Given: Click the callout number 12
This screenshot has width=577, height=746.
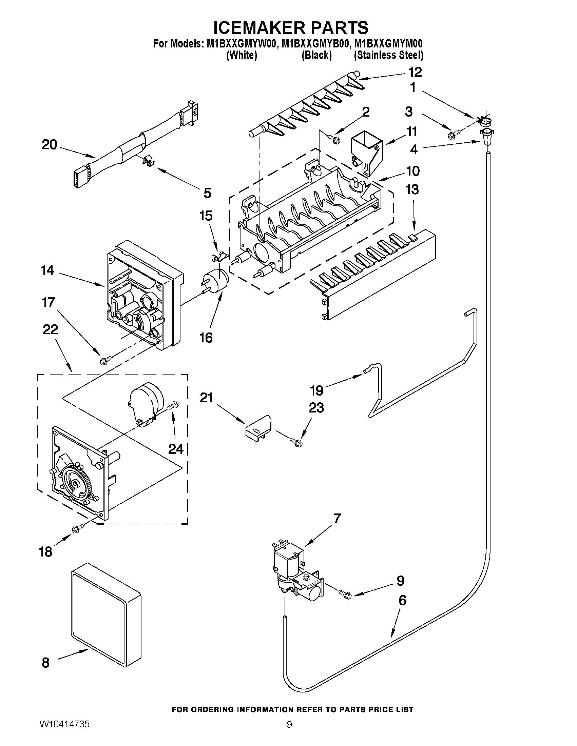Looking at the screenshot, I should point(415,73).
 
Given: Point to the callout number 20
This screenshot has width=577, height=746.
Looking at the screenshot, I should point(49,145).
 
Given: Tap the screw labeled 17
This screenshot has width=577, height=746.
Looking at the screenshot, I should point(105,359).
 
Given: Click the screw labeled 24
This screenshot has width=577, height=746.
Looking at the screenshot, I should point(174,406).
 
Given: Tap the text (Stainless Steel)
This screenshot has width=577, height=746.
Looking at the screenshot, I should point(388,55).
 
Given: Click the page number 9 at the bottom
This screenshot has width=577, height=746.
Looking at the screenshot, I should point(289,732).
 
